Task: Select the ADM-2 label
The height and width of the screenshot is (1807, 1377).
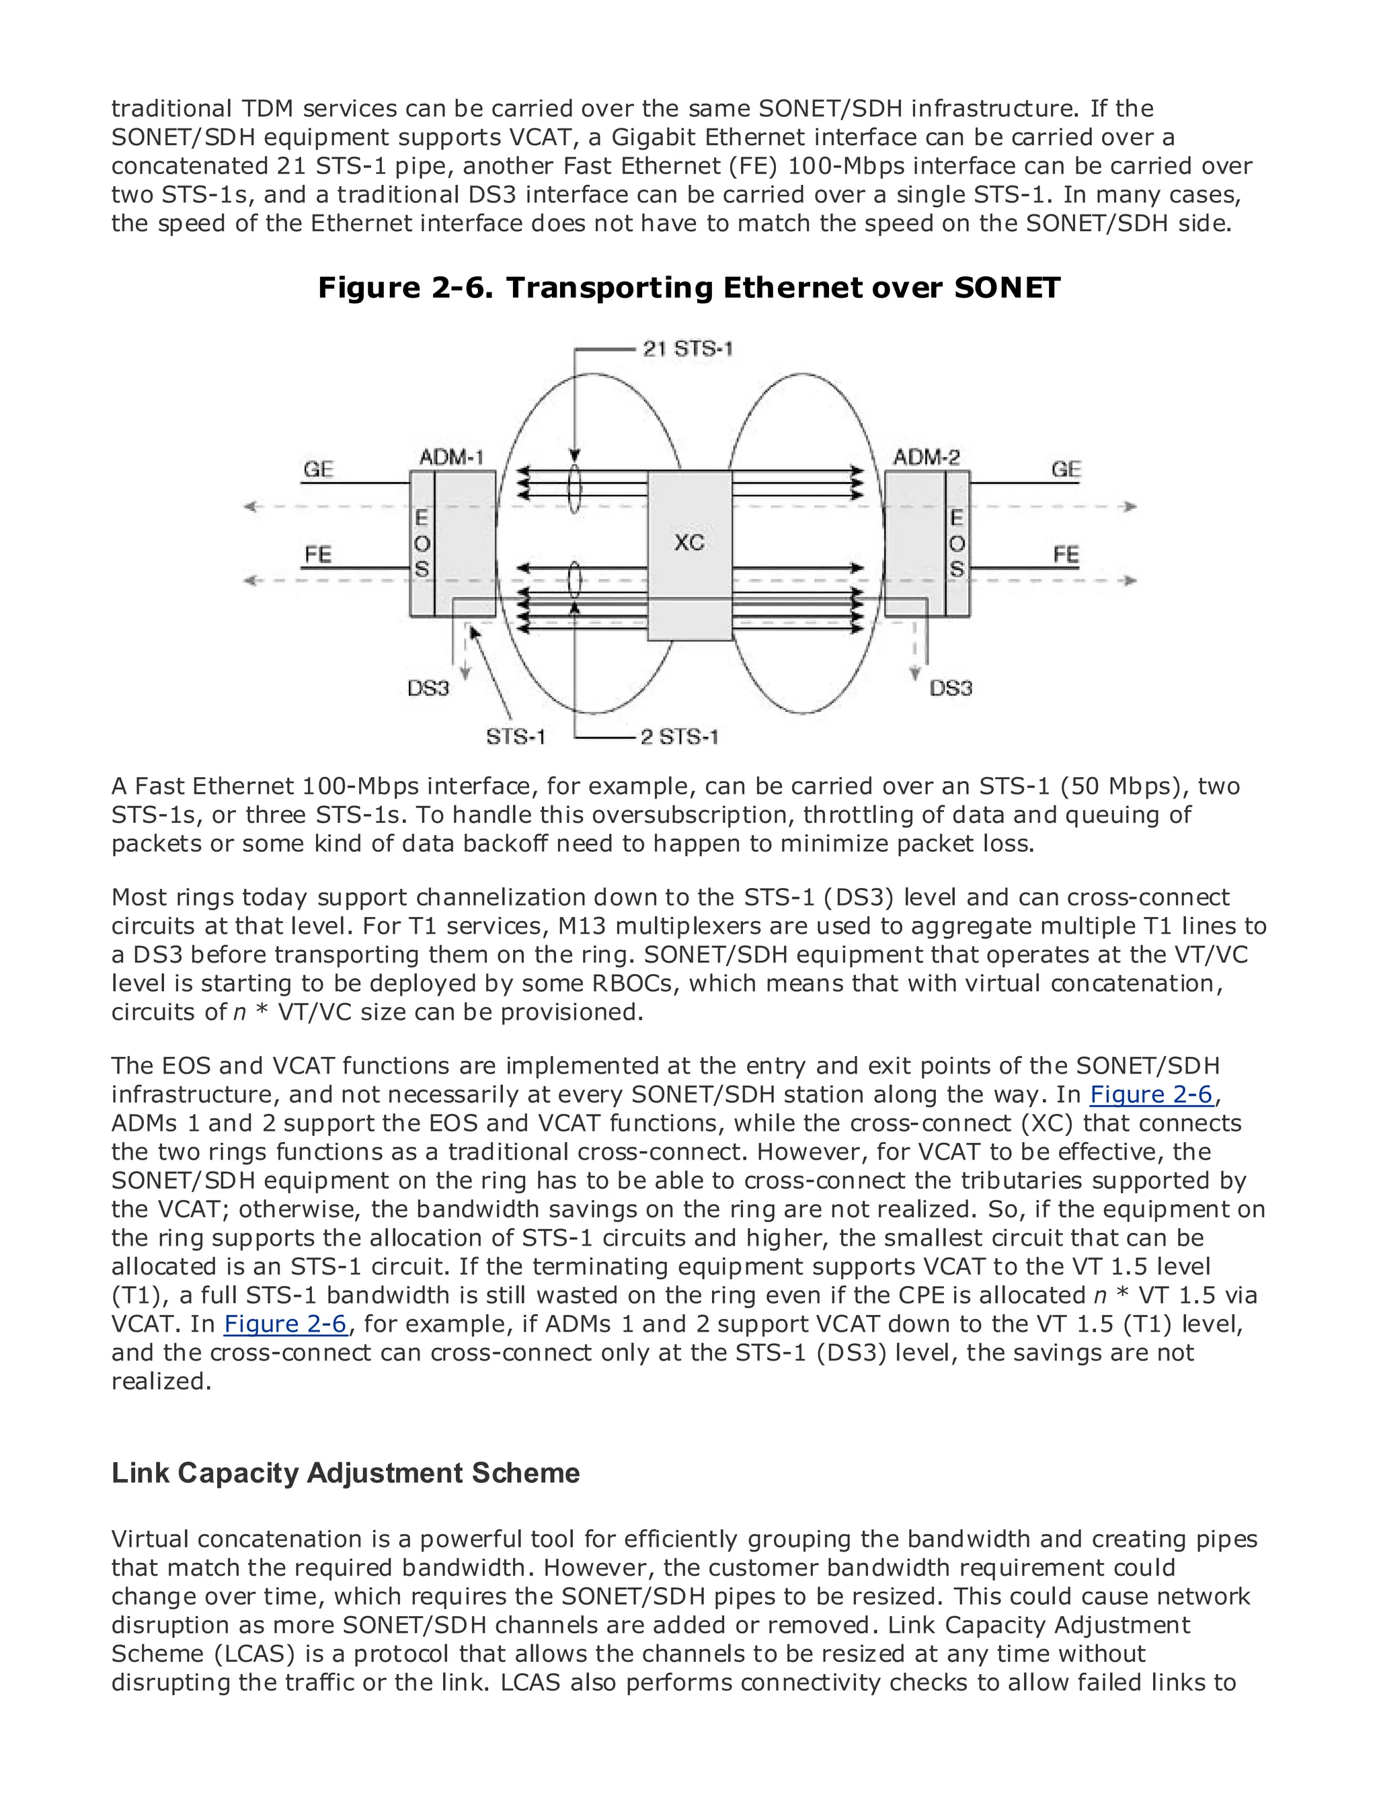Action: tap(927, 456)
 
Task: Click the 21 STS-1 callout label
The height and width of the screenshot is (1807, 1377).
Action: tap(688, 349)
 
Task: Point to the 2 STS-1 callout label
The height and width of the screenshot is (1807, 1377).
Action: tap(678, 737)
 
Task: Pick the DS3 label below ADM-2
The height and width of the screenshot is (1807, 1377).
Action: tap(951, 688)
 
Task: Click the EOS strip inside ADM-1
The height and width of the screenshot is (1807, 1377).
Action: tap(422, 543)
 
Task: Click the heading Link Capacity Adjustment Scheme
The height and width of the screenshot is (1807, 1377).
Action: tap(345, 1473)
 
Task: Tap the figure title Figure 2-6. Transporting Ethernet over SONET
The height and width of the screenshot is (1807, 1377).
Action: tap(688, 288)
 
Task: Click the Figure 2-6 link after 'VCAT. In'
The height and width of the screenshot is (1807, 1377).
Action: tap(285, 1324)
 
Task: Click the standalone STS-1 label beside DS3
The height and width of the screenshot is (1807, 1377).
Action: tap(516, 737)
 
